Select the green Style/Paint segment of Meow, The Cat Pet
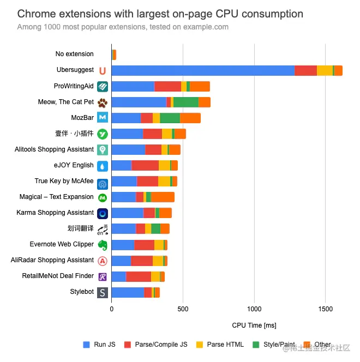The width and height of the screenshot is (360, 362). pyautogui.click(x=185, y=102)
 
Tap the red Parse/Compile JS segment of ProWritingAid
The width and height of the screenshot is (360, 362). pyautogui.click(x=167, y=86)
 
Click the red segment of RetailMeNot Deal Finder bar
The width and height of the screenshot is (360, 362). pyautogui.click(x=138, y=276)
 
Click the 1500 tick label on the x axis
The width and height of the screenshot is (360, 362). pyautogui.click(x=325, y=309)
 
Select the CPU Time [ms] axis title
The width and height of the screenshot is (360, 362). pyautogui.click(x=254, y=325)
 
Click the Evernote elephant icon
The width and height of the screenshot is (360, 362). pyautogui.click(x=103, y=245)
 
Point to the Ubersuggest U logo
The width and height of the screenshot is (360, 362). pyautogui.click(x=103, y=70)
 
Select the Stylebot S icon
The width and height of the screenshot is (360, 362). pyautogui.click(x=103, y=292)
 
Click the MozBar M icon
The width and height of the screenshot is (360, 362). pyautogui.click(x=103, y=118)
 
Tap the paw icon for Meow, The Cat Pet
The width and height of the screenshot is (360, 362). pyautogui.click(x=103, y=102)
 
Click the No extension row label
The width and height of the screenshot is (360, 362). pyautogui.click(x=75, y=54)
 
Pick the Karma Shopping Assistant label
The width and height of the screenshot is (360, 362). pyautogui.click(x=55, y=213)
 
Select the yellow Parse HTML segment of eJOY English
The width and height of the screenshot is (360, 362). pyautogui.click(x=164, y=165)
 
